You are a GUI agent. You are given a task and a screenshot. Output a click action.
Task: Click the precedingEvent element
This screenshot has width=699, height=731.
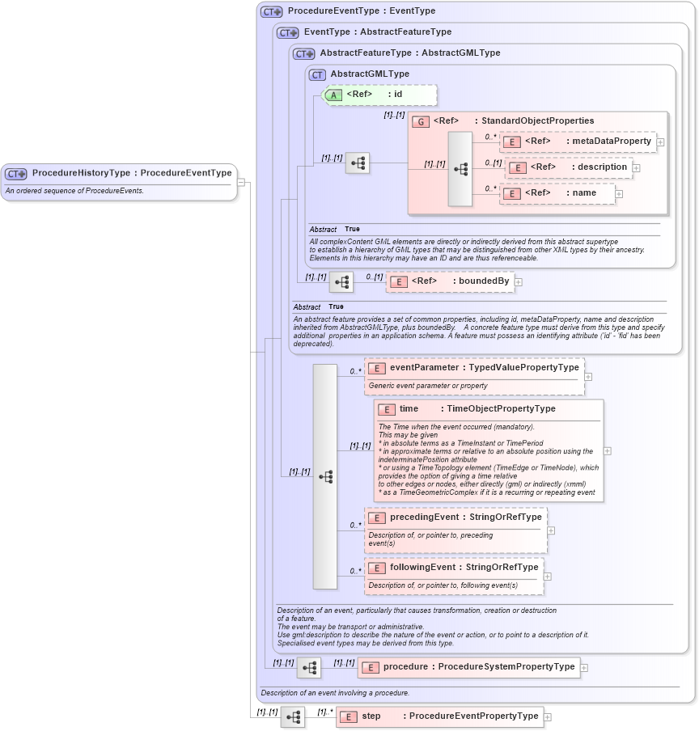click(455, 518)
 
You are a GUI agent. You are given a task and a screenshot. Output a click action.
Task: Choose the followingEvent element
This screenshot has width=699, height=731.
click(454, 568)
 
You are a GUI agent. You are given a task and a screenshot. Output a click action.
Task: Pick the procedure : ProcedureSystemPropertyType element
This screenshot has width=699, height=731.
click(469, 667)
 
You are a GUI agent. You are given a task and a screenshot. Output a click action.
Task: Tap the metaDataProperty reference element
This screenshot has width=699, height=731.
click(578, 142)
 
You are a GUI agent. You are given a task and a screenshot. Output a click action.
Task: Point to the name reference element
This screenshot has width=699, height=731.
click(557, 193)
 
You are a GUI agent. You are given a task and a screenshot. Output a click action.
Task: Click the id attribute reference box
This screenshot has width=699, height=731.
click(380, 95)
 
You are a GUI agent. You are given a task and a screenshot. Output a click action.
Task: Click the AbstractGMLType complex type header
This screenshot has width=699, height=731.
click(369, 74)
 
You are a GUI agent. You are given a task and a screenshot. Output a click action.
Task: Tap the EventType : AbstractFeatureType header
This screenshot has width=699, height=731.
click(377, 32)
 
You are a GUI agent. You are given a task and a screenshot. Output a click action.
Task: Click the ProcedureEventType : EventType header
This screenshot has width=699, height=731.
click(361, 11)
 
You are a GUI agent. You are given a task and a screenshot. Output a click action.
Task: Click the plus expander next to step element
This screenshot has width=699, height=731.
click(548, 716)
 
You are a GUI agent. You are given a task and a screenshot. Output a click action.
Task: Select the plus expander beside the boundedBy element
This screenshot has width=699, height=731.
click(519, 281)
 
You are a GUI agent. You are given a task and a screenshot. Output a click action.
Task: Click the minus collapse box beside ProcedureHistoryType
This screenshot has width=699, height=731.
click(241, 182)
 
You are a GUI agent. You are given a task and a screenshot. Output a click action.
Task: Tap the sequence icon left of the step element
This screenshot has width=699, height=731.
click(293, 716)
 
